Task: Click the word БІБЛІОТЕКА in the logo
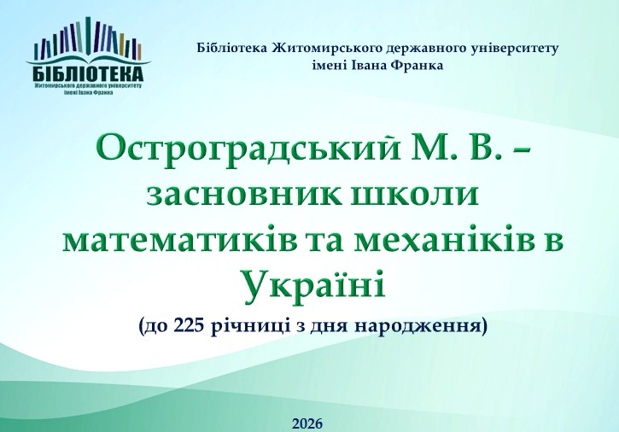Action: click(x=89, y=73)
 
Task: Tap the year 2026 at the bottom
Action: click(x=307, y=423)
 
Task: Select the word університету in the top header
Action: click(x=514, y=49)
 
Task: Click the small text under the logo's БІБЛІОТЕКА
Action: click(x=89, y=89)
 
